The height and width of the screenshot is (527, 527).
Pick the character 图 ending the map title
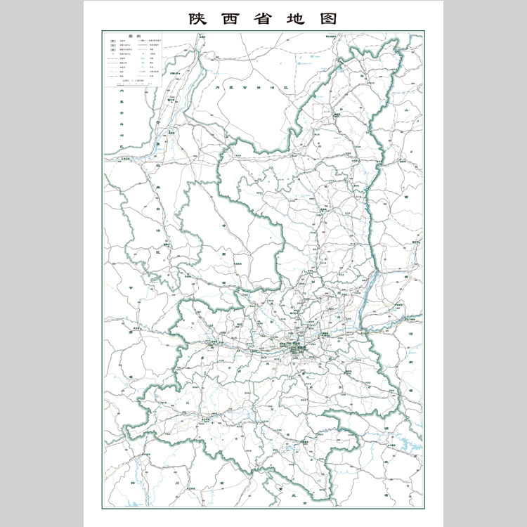[x=329, y=19]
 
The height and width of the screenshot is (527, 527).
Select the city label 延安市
[x=323, y=211]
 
